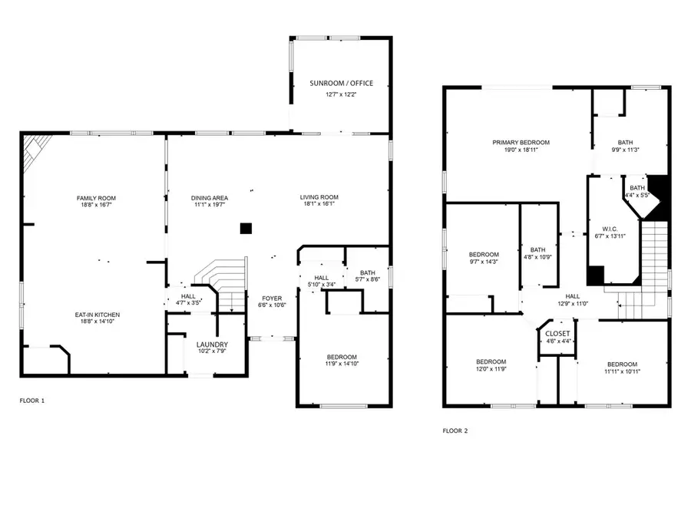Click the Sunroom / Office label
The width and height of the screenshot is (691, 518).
click(x=341, y=83)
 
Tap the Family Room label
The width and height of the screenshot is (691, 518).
click(x=96, y=198)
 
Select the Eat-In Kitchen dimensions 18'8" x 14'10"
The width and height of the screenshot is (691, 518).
click(x=97, y=322)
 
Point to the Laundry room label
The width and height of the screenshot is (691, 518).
click(x=212, y=345)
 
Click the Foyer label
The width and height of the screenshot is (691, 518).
click(x=272, y=299)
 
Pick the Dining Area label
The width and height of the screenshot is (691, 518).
click(x=210, y=198)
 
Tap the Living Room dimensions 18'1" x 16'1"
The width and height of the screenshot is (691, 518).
click(x=319, y=204)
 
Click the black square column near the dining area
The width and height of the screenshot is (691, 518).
click(x=246, y=229)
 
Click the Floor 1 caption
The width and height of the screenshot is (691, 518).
click(x=32, y=401)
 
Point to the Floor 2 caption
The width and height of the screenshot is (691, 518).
click(x=455, y=431)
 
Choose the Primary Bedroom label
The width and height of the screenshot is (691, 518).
click(x=521, y=143)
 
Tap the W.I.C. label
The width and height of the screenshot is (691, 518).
click(x=610, y=229)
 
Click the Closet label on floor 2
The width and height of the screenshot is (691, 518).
click(x=557, y=334)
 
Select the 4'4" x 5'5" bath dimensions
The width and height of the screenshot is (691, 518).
click(x=636, y=195)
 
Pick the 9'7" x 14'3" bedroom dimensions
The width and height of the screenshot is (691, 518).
click(x=484, y=262)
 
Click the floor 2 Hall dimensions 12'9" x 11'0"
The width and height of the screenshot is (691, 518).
click(x=573, y=303)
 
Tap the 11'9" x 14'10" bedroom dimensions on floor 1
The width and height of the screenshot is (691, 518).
click(x=342, y=364)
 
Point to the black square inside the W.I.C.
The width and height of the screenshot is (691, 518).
click(x=595, y=275)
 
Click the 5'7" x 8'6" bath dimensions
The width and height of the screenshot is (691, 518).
click(x=368, y=279)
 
